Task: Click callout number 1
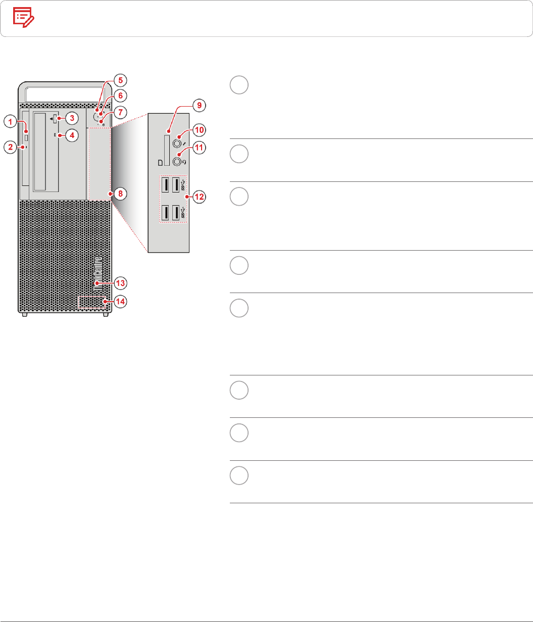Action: pos(10,121)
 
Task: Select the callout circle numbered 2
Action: pos(10,148)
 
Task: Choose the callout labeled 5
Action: pos(120,79)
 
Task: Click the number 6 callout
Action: pos(120,95)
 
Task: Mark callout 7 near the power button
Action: pos(120,111)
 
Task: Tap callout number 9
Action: pos(199,106)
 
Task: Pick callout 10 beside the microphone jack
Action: pos(200,130)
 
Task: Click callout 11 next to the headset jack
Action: pos(200,149)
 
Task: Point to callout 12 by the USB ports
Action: pos(200,197)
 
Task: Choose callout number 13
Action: pos(120,282)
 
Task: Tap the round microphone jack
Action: pos(177,143)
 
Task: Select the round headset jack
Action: pos(177,162)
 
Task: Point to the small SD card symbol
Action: pos(160,163)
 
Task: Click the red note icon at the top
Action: pos(23,18)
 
